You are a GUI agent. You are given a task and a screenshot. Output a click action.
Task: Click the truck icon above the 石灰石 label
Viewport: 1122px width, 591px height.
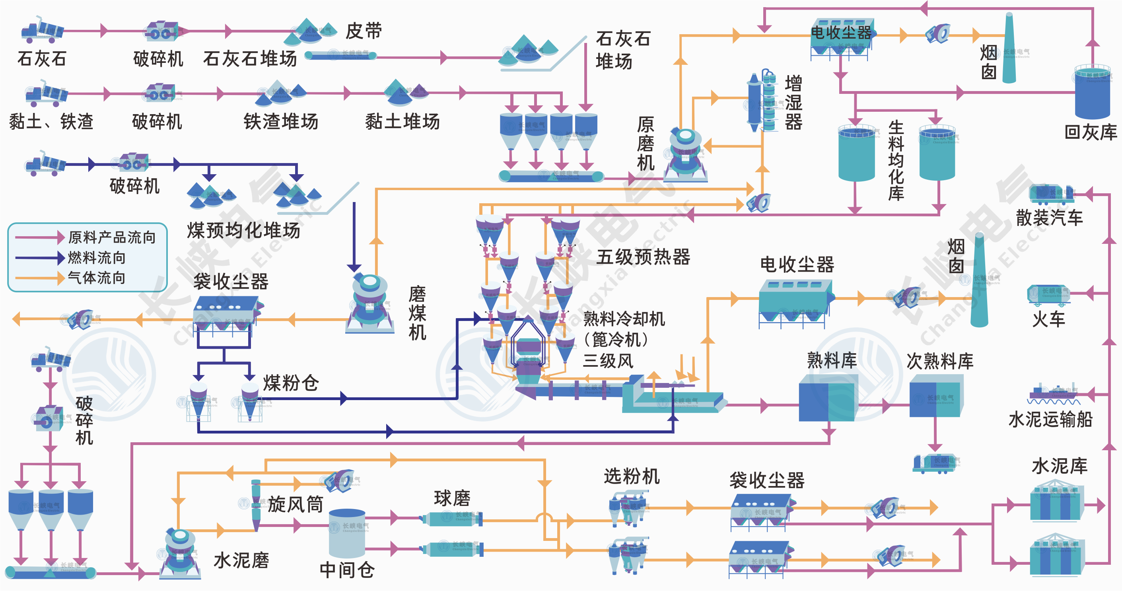[x=43, y=31]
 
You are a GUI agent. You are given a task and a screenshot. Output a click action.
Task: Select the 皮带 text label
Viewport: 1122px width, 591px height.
[x=364, y=31]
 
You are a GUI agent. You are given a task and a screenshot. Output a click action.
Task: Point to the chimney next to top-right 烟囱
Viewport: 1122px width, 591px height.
[x=1009, y=48]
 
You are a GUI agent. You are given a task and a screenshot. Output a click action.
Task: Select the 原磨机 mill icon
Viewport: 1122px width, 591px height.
[x=686, y=155]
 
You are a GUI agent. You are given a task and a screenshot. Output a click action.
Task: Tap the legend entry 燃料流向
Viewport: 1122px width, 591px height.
[x=97, y=258]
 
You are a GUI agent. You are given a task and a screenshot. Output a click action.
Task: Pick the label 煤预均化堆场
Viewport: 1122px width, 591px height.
[x=243, y=230]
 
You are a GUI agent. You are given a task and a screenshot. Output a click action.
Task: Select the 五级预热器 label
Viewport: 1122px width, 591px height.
[x=643, y=257]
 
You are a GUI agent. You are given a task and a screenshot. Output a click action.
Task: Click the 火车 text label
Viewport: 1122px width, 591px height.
[x=1048, y=319]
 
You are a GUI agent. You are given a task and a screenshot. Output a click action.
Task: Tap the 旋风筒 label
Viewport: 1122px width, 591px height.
[x=295, y=504]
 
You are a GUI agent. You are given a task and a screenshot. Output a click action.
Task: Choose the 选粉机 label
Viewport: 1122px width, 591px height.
[x=632, y=476]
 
